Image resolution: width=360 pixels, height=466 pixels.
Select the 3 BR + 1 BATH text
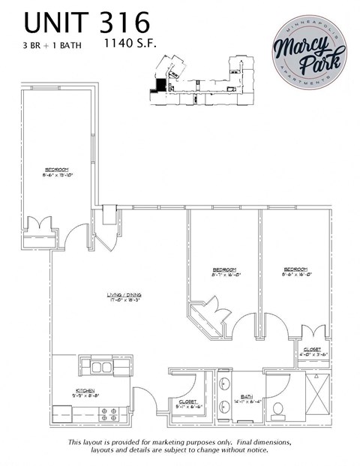(52, 45)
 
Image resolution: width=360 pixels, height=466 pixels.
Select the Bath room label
(247, 398)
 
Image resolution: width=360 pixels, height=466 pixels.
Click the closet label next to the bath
(187, 404)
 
